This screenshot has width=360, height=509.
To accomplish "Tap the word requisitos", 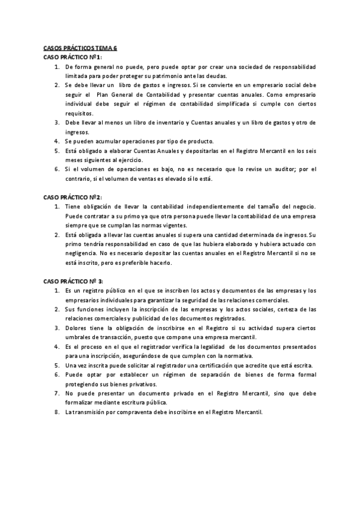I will (79, 113).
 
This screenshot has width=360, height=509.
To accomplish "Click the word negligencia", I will (82, 253).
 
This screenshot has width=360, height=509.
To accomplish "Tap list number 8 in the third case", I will (56, 412).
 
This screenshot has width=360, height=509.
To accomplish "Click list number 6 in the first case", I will (56, 169).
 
